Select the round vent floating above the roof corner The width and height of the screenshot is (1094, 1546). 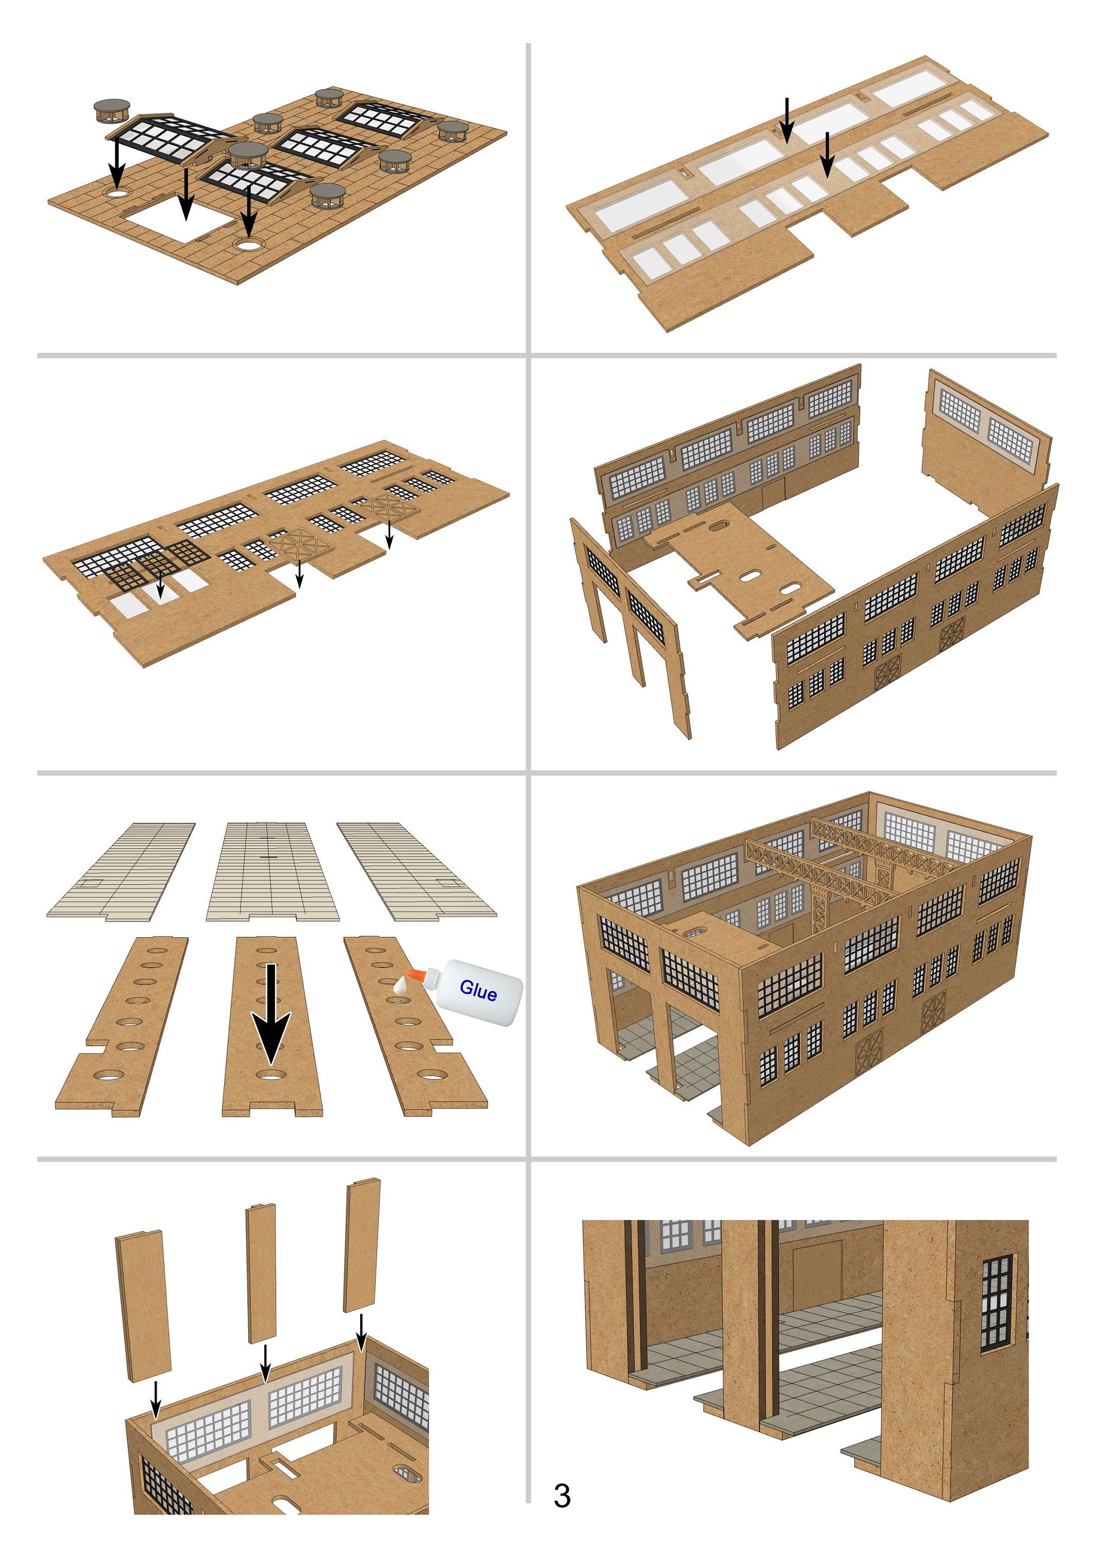click(112, 110)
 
